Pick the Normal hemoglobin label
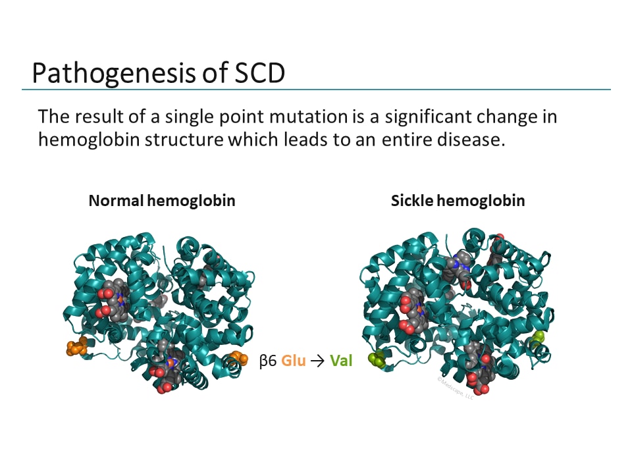162,201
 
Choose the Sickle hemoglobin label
458,201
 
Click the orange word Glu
294,361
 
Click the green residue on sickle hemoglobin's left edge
377,359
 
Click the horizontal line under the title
316,90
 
